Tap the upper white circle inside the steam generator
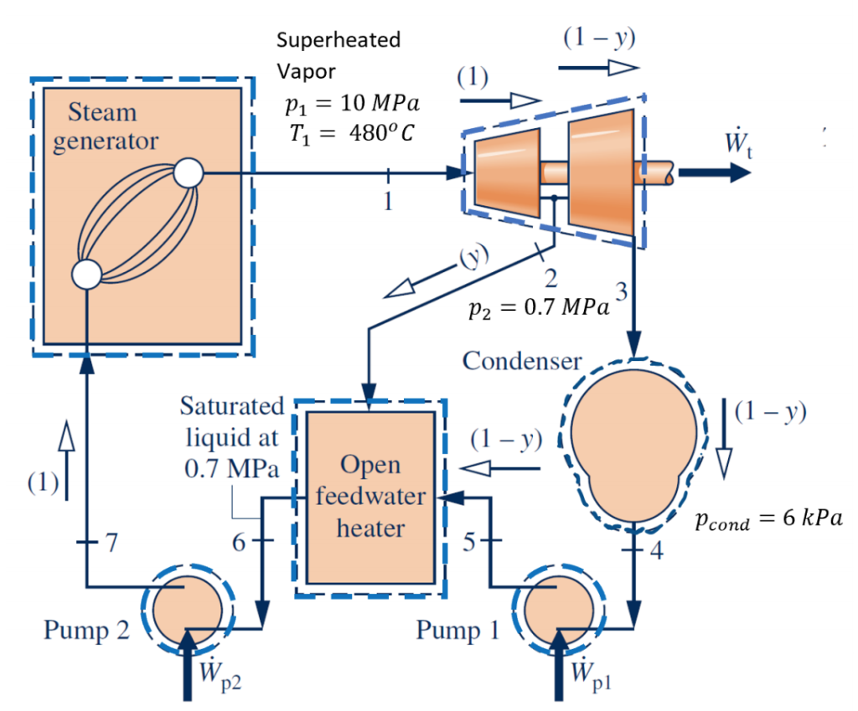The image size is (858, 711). tap(188, 174)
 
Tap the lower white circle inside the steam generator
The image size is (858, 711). tap(87, 273)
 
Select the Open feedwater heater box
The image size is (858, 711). tap(370, 497)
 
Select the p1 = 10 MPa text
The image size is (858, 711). tap(351, 106)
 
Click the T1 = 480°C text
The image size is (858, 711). tap(350, 134)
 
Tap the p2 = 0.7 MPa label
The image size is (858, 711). tap(538, 307)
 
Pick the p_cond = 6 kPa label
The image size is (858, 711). tap(768, 520)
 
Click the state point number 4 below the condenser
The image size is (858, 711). tap(656, 552)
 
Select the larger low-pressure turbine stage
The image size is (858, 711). tap(600, 172)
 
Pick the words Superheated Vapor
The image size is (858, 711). tap(339, 54)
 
